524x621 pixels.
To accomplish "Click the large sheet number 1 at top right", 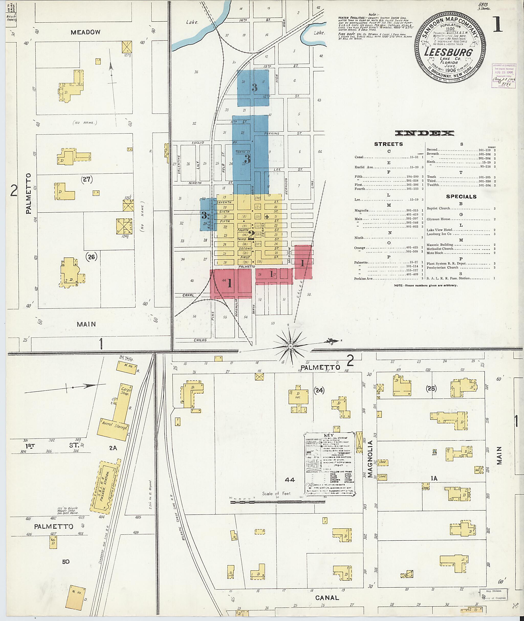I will [x=497, y=24].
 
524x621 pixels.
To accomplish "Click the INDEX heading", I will [x=424, y=133].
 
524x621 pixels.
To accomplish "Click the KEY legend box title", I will [x=328, y=435].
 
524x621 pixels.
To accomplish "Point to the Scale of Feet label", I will [x=276, y=493].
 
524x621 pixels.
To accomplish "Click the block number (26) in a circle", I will [x=91, y=256].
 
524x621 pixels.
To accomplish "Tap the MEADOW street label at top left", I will [x=85, y=32].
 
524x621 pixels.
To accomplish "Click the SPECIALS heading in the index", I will [x=461, y=197].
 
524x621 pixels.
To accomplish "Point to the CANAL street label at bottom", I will [x=327, y=598].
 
